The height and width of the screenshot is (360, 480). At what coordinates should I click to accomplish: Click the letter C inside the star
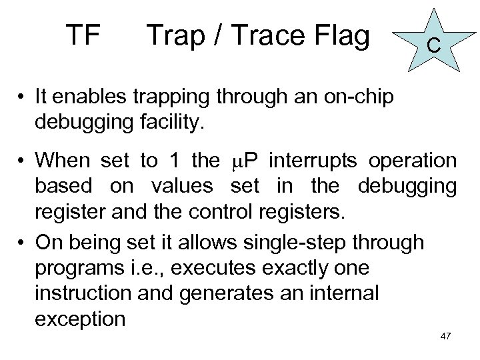433,46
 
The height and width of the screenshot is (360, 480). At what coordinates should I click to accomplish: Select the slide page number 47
446,335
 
